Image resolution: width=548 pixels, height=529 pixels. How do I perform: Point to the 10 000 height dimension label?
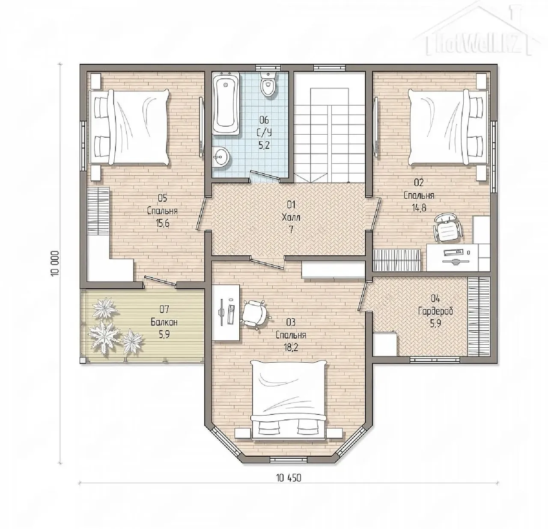(56, 263)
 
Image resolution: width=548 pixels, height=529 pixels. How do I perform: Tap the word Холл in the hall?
(291, 217)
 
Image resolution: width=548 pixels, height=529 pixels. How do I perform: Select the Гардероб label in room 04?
(435, 311)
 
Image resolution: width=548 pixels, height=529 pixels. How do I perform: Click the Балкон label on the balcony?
(164, 322)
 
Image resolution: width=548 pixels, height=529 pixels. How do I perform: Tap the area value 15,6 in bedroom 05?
(163, 223)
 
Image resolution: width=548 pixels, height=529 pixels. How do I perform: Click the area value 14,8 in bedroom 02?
(419, 207)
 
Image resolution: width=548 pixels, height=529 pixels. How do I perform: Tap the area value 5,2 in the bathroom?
(264, 145)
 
